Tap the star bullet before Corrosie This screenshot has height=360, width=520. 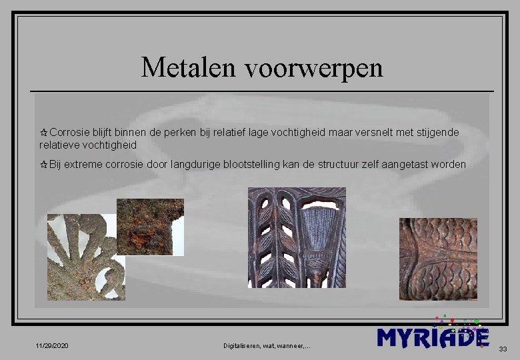(44, 133)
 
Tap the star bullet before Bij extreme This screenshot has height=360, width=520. (44, 165)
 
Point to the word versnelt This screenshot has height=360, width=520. (374, 133)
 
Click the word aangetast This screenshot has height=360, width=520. (407, 165)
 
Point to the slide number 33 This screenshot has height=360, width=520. (503, 349)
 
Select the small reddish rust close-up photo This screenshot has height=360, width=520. (150, 227)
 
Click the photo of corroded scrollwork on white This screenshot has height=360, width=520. (86, 257)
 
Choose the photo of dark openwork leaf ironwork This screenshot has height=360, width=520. (297, 237)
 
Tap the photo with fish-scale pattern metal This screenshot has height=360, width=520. (438, 259)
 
